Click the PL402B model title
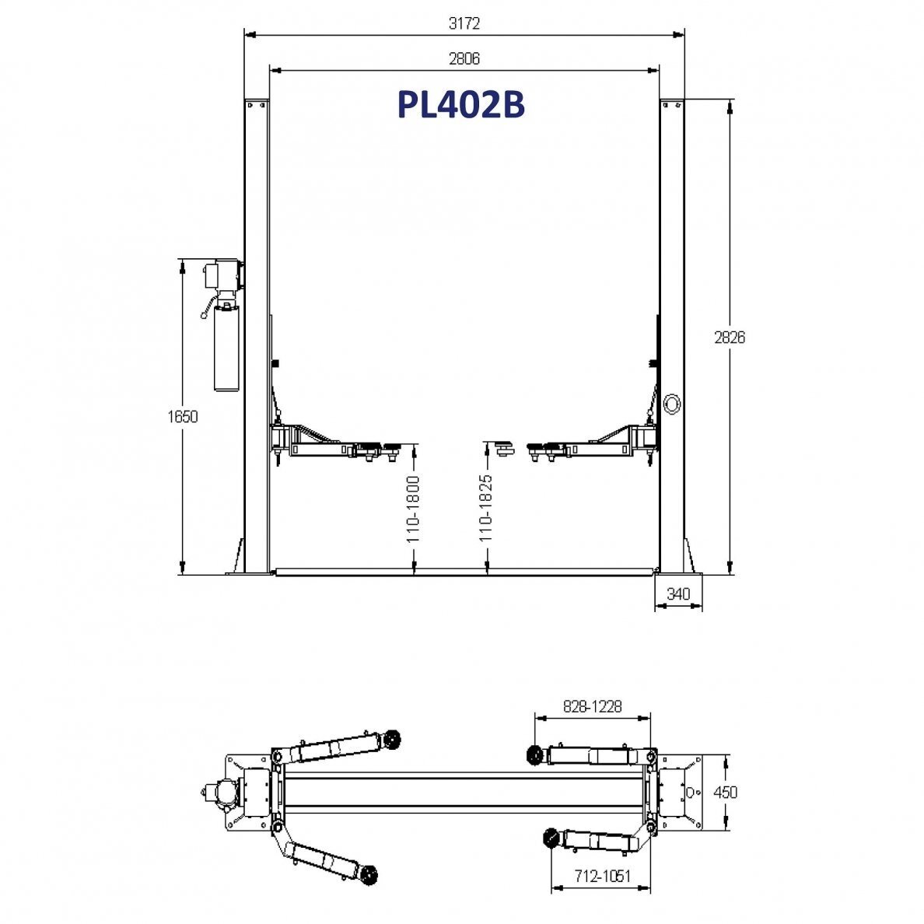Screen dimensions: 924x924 pos(460,105)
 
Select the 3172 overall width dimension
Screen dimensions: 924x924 pos(464,23)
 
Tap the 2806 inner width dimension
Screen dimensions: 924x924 pos(464,59)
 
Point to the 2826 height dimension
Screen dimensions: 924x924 pos(730,338)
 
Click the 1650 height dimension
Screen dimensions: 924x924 pos(183,417)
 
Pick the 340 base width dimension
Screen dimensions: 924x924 pos(678,594)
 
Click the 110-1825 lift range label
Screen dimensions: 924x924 pos(485,509)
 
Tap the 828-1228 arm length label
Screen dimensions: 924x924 pos(592,706)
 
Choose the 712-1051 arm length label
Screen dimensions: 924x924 pos(603,877)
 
